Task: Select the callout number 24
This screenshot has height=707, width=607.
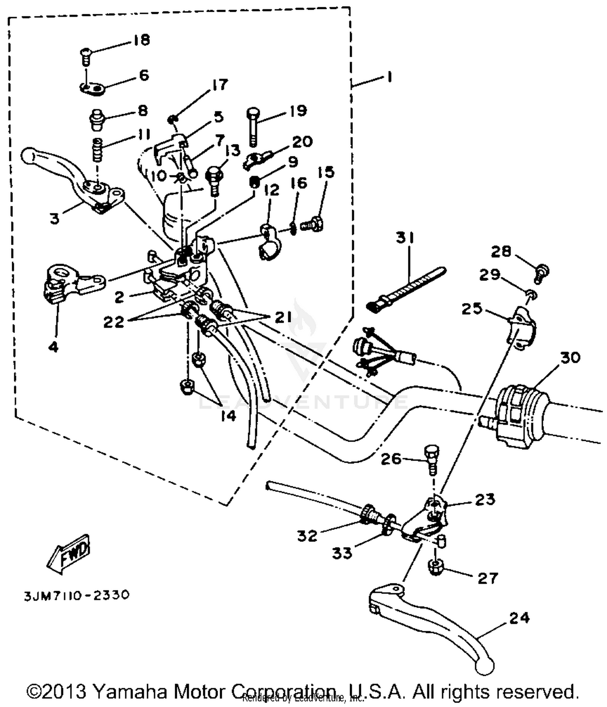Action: (x=519, y=618)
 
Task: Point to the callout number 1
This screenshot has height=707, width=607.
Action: (x=389, y=77)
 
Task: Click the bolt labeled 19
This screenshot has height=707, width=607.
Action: (x=253, y=126)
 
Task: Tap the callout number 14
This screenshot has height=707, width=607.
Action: (x=228, y=416)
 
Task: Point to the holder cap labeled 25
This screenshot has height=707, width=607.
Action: (x=522, y=328)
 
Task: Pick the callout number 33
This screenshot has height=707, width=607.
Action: (x=342, y=553)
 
